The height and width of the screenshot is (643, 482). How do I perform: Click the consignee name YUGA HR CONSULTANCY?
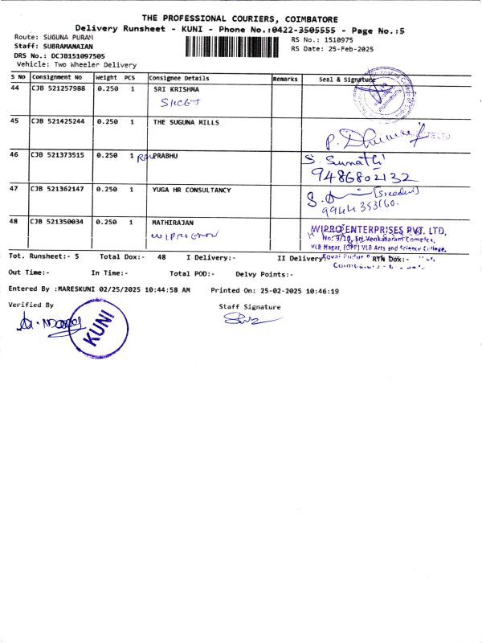click(x=191, y=190)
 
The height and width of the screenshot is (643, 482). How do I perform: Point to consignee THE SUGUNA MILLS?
click(x=186, y=122)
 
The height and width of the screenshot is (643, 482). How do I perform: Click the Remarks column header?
click(x=285, y=79)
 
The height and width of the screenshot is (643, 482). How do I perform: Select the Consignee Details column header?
click(x=179, y=79)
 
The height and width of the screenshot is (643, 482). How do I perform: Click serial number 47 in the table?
click(x=14, y=190)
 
